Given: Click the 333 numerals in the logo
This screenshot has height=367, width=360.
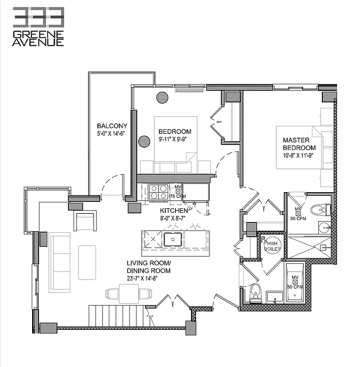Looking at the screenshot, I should [x=38, y=17].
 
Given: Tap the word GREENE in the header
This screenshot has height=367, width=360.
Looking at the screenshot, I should [x=38, y=34].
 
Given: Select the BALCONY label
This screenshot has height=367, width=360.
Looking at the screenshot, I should [x=112, y=126].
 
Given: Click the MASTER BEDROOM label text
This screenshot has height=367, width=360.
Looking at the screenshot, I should [x=299, y=144].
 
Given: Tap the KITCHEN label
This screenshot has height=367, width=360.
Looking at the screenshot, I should [x=174, y=210].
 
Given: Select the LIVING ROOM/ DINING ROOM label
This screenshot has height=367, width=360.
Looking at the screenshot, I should [x=149, y=267].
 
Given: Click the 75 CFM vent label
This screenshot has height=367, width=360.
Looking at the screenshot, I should [x=177, y=196].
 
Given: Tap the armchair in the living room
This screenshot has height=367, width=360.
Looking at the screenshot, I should [x=85, y=221].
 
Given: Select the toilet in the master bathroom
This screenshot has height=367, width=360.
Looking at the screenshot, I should [x=321, y=210].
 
